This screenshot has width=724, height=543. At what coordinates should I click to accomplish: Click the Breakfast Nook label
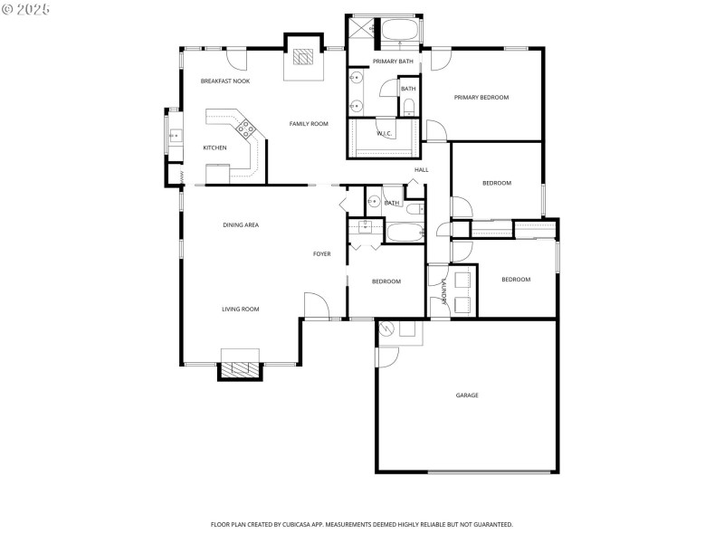tap(225, 81)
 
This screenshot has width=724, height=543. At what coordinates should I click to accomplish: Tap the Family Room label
tap(309, 123)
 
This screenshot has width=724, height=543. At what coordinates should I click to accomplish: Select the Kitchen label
tap(214, 148)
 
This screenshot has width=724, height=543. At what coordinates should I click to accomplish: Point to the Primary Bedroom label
tap(481, 98)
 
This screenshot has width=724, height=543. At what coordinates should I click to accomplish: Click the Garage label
tap(467, 395)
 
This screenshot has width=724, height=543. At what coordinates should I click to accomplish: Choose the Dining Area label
tap(242, 224)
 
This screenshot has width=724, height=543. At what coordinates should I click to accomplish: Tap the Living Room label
tap(241, 309)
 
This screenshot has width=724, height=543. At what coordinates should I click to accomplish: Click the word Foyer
tap(322, 254)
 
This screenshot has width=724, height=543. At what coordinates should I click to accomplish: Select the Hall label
tap(421, 170)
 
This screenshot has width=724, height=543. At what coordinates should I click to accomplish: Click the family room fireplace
tap(304, 60)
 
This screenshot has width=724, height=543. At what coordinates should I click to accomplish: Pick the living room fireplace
tap(240, 369)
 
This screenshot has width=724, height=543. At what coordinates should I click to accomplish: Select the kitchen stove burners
tap(243, 128)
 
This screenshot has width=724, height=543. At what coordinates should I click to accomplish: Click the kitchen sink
tap(175, 138)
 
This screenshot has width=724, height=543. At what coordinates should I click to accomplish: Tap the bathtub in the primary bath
tap(399, 31)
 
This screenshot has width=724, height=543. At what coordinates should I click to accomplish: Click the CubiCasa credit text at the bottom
tap(362, 524)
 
